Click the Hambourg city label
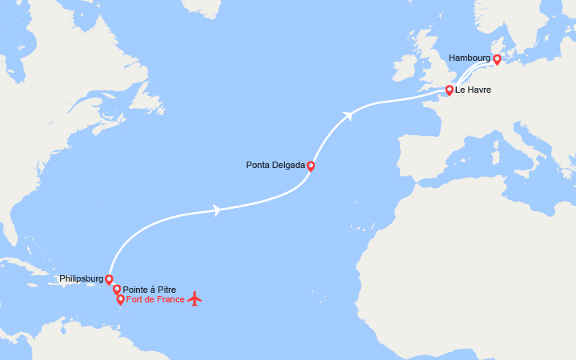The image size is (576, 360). point(469,58)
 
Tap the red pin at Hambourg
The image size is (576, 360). point(497,59)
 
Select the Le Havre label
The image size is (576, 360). point(473,90)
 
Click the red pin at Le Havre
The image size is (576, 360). point(450,90)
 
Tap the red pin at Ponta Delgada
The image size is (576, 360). point(310,166)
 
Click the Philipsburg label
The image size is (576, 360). point(81,279)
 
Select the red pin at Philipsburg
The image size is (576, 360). point(109,279)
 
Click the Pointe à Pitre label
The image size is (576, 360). point(150,290)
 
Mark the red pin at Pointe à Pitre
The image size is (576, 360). point(117,290)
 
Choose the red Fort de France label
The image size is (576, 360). point(155,300)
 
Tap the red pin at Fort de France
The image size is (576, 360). point(121,300)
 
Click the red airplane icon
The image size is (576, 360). point(194,299)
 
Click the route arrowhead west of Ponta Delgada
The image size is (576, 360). point(217,210)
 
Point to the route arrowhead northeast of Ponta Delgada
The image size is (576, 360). point(348,116)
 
